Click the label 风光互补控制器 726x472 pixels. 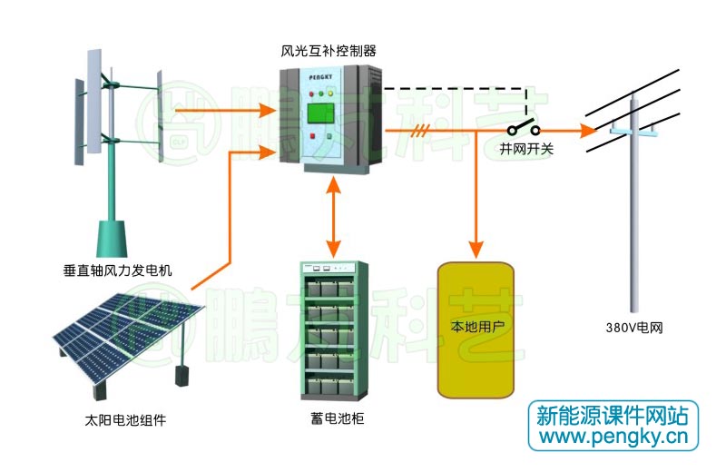[x=329, y=51]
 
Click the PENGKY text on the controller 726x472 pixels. [x=322, y=79]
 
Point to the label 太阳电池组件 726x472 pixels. [x=125, y=420]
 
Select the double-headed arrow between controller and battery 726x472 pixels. [x=335, y=216]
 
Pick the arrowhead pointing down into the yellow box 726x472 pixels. [x=474, y=247]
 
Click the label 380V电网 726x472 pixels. [x=634, y=327]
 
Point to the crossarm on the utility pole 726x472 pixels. [x=633, y=130]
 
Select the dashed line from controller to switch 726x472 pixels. [x=454, y=89]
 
